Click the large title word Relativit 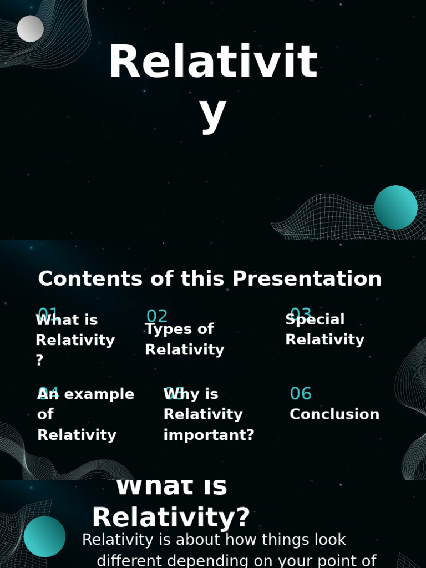point(213,62)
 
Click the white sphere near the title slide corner point(31,29)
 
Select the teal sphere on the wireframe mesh point(395,207)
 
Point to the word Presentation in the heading point(307,278)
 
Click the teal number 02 point(157,316)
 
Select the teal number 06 point(301,394)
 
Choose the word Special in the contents point(315,319)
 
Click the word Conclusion point(334,414)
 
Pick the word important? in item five point(209,435)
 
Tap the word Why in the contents point(177,394)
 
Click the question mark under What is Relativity point(39,361)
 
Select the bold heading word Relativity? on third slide point(171,518)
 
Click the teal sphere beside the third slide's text point(44,536)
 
